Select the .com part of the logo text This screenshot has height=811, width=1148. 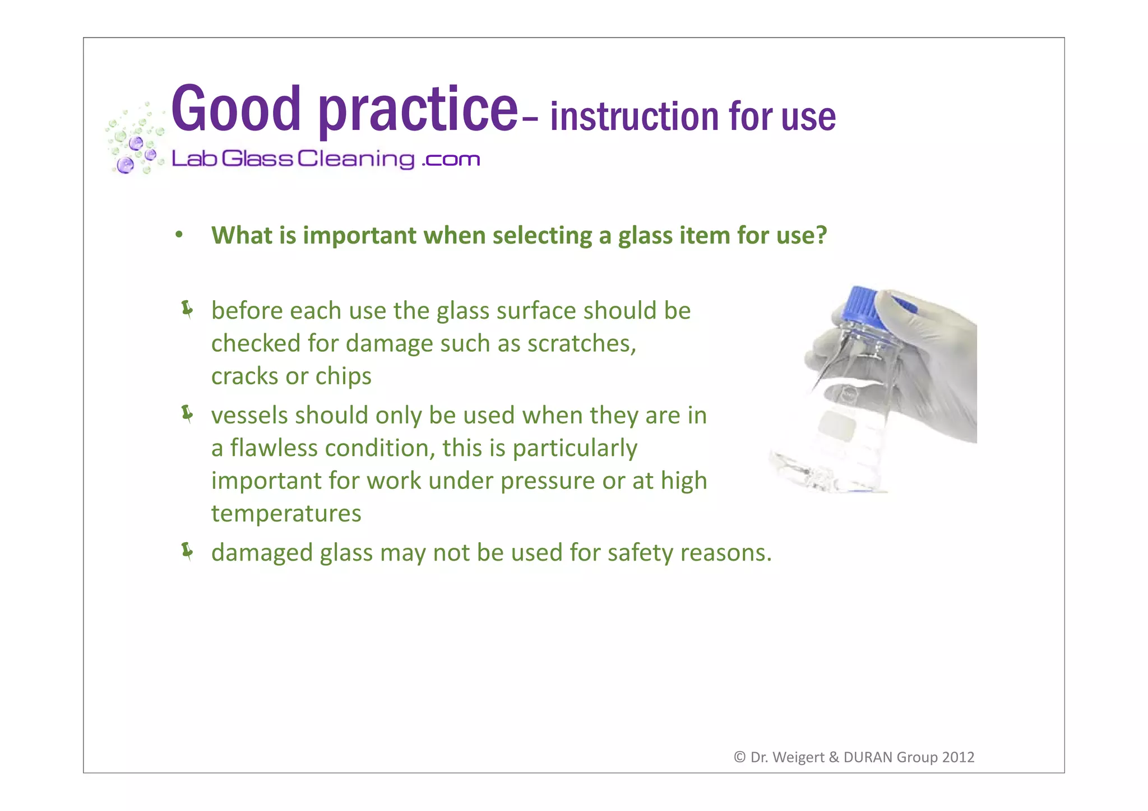pos(451,160)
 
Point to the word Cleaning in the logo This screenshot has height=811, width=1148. pos(355,159)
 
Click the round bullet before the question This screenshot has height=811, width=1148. pos(179,235)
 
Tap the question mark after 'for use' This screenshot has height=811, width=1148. pos(821,235)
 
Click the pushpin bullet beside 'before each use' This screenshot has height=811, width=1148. pos(187,309)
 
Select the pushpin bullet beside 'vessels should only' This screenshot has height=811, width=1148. pos(187,414)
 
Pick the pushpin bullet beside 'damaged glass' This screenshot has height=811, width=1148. pos(187,552)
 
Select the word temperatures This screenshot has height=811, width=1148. pos(286,514)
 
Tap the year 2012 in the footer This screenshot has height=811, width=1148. pos(958,757)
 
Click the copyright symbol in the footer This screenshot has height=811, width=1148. pos(739,757)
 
